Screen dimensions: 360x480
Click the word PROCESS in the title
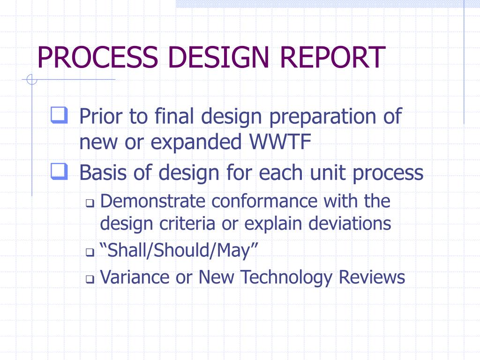point(97,57)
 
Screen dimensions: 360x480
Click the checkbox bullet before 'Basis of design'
point(59,172)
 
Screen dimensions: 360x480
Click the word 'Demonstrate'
point(153,202)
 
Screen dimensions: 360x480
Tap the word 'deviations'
point(350,224)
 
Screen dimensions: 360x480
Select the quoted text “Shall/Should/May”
point(180,251)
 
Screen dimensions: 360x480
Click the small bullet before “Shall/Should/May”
point(90,253)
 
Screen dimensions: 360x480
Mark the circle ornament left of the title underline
point(32,80)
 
